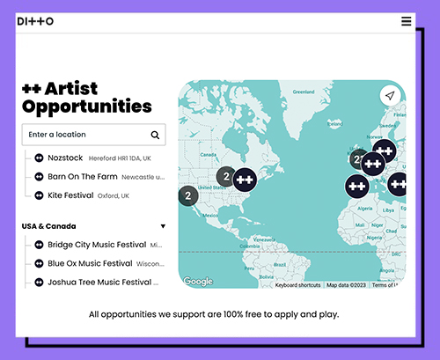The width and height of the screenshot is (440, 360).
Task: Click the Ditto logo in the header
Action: coord(35,21)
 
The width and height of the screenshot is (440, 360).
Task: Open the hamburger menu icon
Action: coord(406,21)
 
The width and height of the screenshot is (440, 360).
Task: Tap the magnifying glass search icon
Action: coord(155,135)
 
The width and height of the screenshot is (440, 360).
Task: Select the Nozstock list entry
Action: coord(65,158)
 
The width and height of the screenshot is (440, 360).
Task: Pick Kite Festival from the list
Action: coord(70,195)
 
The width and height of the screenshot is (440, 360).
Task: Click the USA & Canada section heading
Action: coord(49,226)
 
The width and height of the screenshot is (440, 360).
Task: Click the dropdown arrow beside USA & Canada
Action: coord(163,226)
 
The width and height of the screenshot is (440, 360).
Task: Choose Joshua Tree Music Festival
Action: coord(97,283)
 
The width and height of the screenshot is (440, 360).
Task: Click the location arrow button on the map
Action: coord(389,96)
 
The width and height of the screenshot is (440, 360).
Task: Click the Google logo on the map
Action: coord(198,282)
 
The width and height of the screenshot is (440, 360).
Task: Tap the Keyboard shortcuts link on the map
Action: coord(297,285)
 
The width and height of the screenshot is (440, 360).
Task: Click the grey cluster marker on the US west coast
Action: coord(187,196)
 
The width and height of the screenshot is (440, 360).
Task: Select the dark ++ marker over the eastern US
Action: coord(245,178)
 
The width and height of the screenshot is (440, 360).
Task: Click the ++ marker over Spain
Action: coord(356,186)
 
